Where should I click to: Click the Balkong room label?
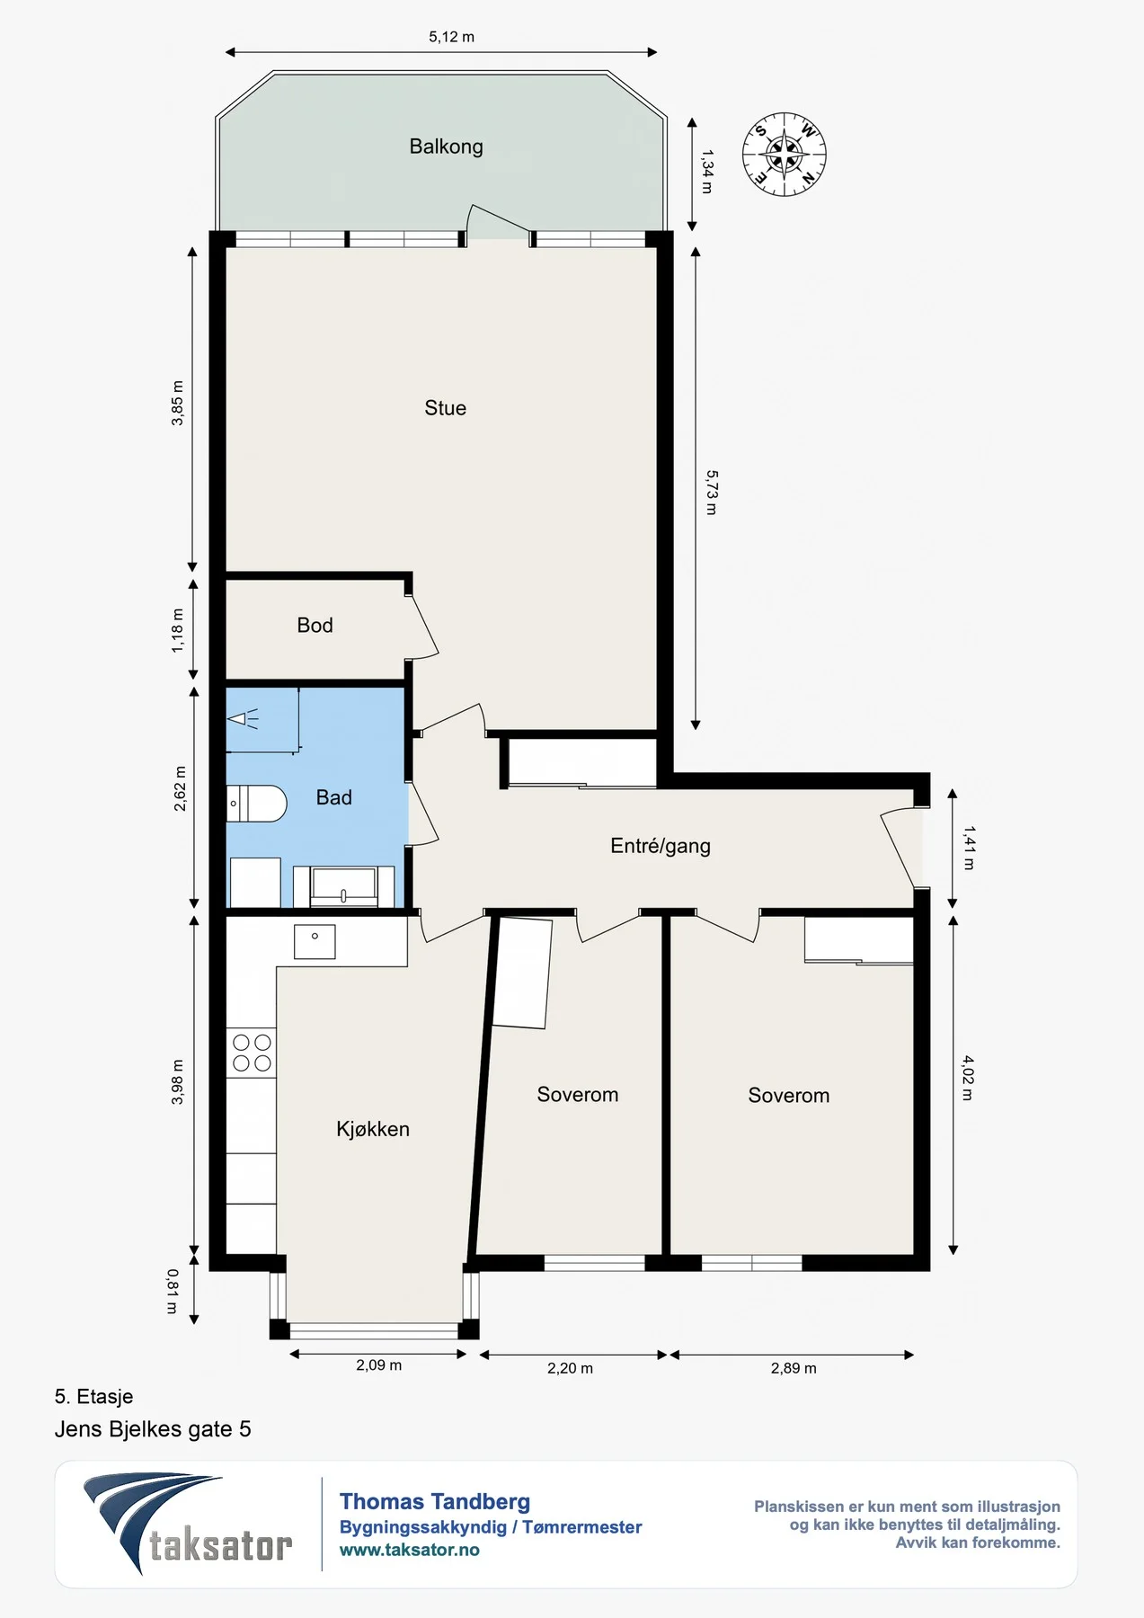[x=446, y=147]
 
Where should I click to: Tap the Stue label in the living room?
[x=445, y=408]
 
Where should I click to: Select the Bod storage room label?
[x=315, y=625]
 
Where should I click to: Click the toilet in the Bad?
[x=256, y=803]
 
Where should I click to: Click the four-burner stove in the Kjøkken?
[x=252, y=1053]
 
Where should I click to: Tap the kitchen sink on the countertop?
[x=315, y=941]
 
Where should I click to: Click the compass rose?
[x=785, y=155]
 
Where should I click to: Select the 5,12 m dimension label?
[x=451, y=37]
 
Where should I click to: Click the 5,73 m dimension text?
[x=712, y=492]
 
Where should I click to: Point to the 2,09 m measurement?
[x=378, y=1365]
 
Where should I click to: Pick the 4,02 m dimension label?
[x=967, y=1078]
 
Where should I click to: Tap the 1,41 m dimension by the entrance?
[x=969, y=848]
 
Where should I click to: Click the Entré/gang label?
[x=661, y=846]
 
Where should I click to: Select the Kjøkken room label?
[x=373, y=1129]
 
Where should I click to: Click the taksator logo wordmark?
[x=221, y=1546]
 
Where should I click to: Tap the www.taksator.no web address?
[x=409, y=1550]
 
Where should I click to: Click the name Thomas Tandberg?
[x=435, y=1501]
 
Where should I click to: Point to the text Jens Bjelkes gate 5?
[x=153, y=1429]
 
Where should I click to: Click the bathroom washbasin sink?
[x=344, y=885]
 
